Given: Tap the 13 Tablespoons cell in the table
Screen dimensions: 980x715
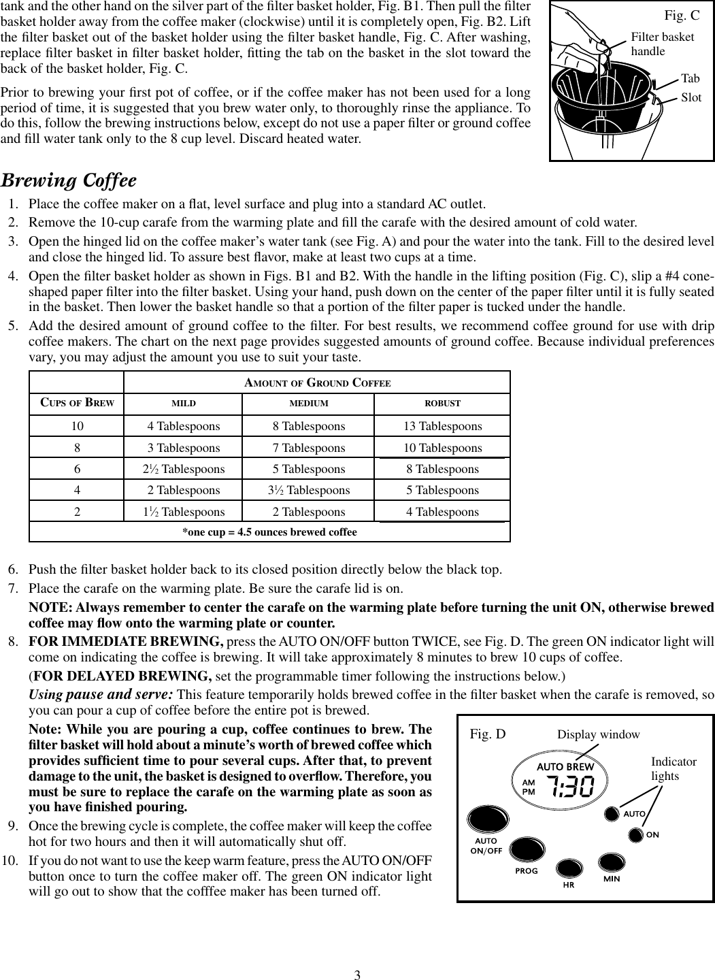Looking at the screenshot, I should [x=442, y=426].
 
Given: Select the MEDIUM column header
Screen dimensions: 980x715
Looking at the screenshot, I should [x=309, y=404].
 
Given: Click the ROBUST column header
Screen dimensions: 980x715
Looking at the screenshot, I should [x=442, y=404].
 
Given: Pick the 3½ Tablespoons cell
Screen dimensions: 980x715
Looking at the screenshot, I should [x=309, y=490].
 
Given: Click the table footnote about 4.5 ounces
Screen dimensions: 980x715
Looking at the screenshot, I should [x=269, y=532].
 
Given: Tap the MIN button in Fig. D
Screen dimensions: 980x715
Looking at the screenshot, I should [x=616, y=862].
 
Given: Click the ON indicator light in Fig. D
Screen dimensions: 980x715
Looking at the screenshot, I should [x=635, y=834].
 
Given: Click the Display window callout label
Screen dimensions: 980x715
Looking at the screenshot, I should [x=598, y=734].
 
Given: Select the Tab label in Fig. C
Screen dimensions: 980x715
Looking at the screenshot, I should [x=690, y=79].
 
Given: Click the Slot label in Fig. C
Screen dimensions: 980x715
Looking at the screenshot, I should [x=691, y=97].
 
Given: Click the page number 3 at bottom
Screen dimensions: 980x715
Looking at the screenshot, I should [x=356, y=974].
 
